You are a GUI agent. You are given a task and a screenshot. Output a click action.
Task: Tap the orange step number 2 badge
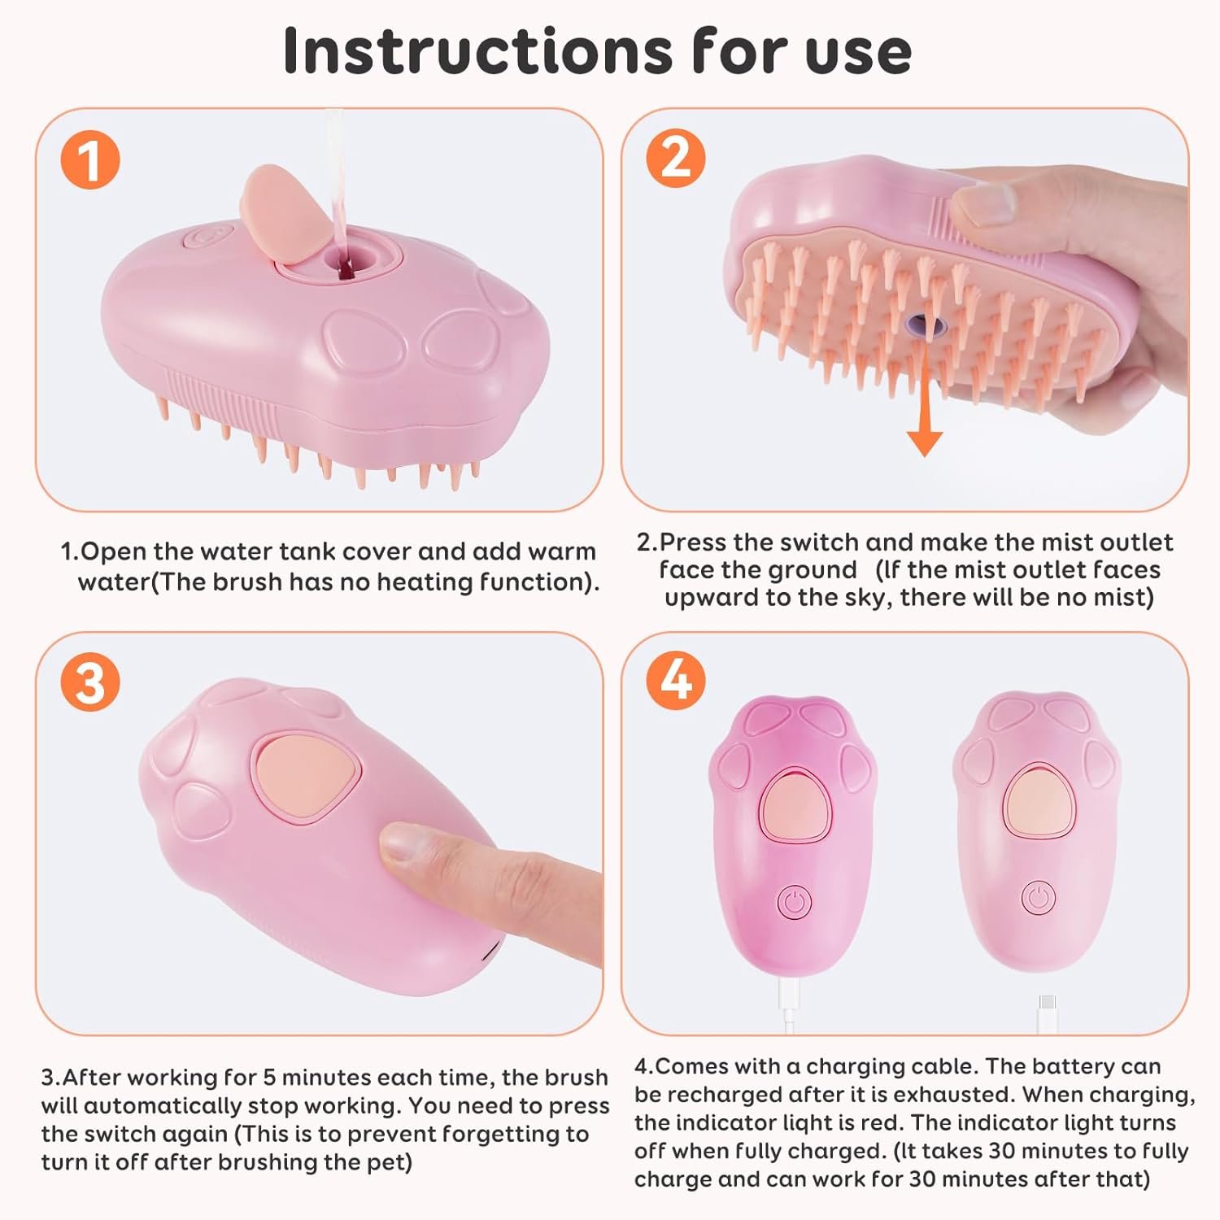676,157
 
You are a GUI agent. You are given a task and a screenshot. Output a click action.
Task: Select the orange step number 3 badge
90,682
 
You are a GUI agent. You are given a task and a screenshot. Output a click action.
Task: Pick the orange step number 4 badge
676,681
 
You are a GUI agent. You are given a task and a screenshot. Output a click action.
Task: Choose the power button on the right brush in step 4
1039,898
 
